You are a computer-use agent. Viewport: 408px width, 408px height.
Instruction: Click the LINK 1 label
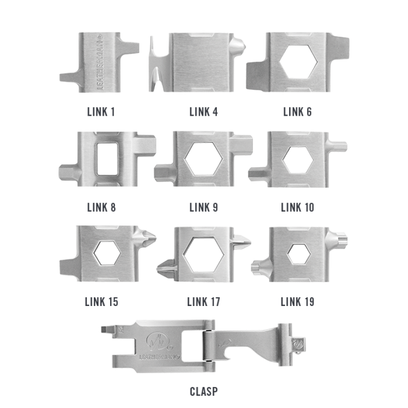101,112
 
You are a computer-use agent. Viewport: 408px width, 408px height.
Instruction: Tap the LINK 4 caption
203,112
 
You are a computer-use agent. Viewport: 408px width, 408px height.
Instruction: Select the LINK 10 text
297,208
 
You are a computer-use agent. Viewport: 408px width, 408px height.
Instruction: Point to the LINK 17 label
203,302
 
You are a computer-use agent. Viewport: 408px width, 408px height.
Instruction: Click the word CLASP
203,391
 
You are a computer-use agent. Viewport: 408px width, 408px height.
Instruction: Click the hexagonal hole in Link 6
298,62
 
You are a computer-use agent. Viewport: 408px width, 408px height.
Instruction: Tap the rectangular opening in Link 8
108,159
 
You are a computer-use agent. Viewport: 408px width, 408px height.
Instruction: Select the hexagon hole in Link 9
203,159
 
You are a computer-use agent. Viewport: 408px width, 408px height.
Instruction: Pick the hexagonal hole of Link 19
299,254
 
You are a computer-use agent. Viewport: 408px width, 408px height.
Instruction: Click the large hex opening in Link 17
203,254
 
